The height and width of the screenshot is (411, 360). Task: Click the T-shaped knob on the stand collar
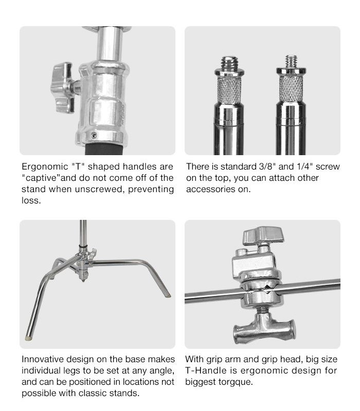[63, 87]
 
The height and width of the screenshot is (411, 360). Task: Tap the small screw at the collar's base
[94, 135]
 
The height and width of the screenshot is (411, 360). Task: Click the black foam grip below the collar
[104, 149]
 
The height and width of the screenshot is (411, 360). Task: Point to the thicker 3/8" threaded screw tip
[229, 63]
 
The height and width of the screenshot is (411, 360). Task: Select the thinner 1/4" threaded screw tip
[291, 61]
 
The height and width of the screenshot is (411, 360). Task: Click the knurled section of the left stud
[229, 90]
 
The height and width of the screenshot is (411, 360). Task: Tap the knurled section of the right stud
[291, 89]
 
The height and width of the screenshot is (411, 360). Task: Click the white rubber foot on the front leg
[28, 338]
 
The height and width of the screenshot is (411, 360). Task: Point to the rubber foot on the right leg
[168, 295]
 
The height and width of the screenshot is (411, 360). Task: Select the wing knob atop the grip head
[263, 236]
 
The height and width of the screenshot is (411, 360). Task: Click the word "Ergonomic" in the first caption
[45, 167]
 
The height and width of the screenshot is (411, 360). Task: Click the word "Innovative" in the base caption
[43, 359]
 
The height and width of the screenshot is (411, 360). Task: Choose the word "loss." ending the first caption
[31, 200]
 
